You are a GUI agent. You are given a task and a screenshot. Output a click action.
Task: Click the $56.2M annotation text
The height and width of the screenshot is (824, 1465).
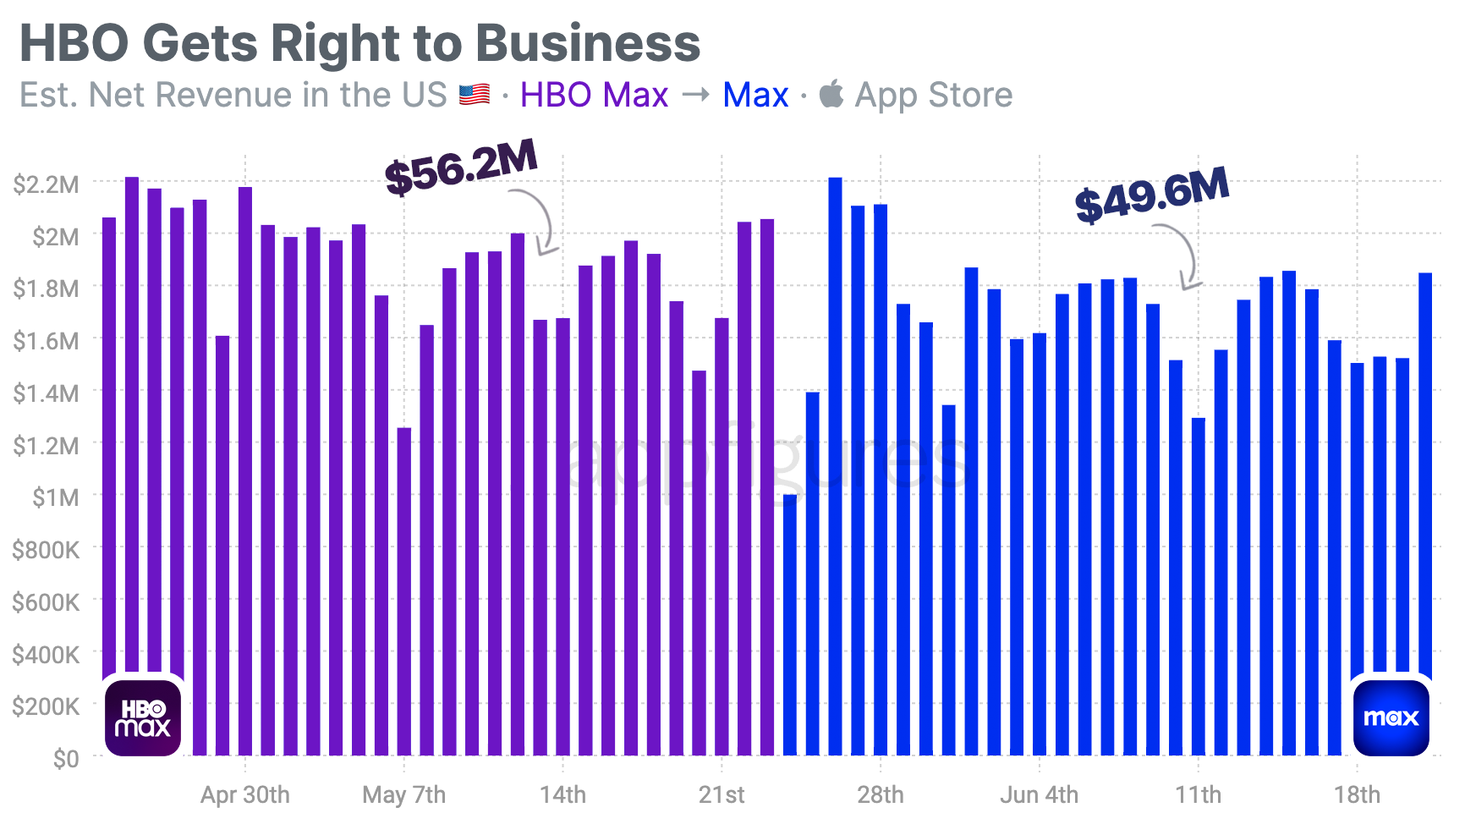pos(461,167)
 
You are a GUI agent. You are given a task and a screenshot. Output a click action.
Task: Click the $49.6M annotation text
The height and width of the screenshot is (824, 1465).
pos(1151,195)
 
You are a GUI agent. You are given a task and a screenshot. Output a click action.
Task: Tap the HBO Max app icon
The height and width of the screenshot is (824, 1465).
pos(143,717)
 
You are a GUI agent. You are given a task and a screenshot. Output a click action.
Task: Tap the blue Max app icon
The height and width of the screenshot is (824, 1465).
pos(1391,717)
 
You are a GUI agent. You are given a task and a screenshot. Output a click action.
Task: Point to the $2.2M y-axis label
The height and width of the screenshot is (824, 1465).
pos(46,184)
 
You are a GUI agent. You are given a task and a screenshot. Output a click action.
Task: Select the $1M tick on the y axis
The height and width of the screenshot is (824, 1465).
pos(55,497)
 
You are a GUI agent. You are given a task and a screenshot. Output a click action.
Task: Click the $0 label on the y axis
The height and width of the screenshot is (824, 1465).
pos(66,759)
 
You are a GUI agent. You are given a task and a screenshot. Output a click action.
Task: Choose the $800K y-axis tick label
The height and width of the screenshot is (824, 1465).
pos(46,550)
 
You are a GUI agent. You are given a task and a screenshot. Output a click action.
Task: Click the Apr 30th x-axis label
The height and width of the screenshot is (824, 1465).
pos(244,795)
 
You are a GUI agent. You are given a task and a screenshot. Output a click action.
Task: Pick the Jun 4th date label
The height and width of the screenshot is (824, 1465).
pos(1039,795)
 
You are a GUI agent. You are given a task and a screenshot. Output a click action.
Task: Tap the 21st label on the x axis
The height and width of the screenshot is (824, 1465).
pos(722,795)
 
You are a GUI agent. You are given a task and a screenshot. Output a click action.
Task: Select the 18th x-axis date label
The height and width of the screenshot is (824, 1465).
pos(1357,795)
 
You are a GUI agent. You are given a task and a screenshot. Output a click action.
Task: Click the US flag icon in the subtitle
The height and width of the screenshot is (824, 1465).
pos(475,95)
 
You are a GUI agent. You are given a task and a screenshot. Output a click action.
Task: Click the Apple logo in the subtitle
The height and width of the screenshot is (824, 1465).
pos(831,94)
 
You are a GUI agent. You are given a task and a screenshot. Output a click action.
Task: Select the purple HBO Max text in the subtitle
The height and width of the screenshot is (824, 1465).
pos(594,95)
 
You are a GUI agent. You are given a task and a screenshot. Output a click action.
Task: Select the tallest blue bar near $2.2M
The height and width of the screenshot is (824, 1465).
pos(835,465)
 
